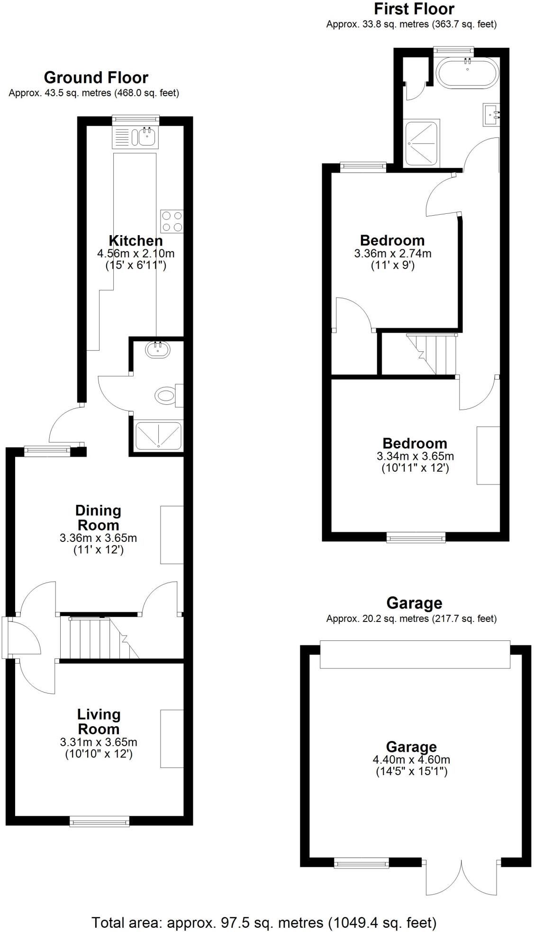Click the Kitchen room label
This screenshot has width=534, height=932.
click(x=136, y=240)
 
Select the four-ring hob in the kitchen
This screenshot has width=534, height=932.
click(x=172, y=221)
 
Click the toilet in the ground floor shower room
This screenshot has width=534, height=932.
click(x=165, y=395)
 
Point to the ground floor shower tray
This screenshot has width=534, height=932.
click(x=158, y=436)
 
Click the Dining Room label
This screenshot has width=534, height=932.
click(x=98, y=518)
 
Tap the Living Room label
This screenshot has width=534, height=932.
click(x=99, y=722)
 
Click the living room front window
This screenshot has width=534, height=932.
click(x=99, y=821)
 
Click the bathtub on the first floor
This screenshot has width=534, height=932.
click(x=467, y=73)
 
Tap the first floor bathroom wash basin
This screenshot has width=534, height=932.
click(x=491, y=114)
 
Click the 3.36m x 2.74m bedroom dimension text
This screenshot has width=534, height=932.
click(x=393, y=254)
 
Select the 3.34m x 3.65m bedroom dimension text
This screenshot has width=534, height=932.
click(x=415, y=457)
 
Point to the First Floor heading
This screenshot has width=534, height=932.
click(x=414, y=9)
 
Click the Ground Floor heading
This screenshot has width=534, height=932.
click(x=96, y=78)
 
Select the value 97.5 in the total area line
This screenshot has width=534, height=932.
click(x=234, y=923)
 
